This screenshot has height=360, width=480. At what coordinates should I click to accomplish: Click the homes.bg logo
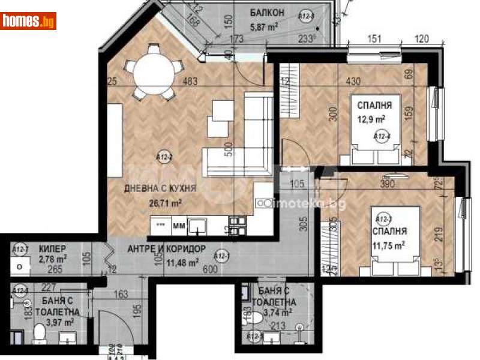tap(28, 21)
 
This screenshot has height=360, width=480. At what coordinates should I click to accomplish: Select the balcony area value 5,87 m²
tap(264, 26)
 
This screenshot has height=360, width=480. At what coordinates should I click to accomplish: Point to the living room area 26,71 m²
tap(165, 202)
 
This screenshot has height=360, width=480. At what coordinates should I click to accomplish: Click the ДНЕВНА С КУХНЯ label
tap(160, 188)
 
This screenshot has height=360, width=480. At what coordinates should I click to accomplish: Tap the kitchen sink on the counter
tap(197, 226)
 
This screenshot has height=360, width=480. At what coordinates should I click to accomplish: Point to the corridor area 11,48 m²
tap(182, 262)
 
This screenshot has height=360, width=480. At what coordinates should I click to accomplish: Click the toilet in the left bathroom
tap(40, 332)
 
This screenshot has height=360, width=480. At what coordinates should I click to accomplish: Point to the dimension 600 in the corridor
tap(210, 269)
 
